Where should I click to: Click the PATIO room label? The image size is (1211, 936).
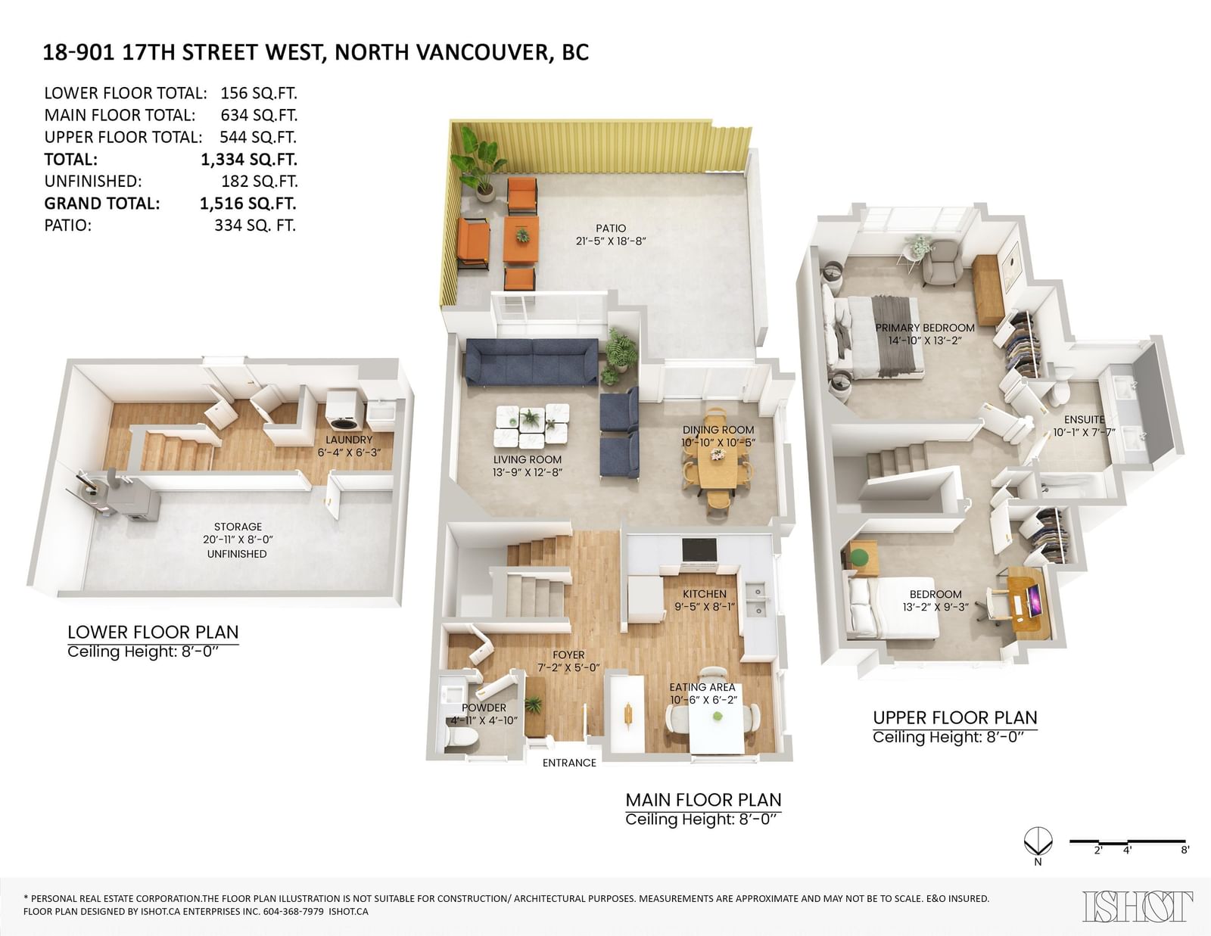pos(611,229)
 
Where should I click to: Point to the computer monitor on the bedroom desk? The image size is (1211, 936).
pos(1035,600)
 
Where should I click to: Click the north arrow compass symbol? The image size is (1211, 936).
pos(1038,842)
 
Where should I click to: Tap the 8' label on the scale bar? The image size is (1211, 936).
pos(1185,850)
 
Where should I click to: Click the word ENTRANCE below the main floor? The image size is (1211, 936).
pos(569,763)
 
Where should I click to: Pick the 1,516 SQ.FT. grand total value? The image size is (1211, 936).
pos(248,204)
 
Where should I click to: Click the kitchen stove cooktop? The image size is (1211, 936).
pos(699,550)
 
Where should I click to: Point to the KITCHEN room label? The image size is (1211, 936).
pos(705,594)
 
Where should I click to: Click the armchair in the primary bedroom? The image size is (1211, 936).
pos(942,263)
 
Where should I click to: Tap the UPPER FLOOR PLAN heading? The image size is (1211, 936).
pos(954,717)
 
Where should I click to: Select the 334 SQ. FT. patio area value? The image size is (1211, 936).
pos(255,225)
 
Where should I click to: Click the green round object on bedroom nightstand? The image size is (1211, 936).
pos(859,556)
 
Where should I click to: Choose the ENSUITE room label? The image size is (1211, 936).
pos(1084,419)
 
